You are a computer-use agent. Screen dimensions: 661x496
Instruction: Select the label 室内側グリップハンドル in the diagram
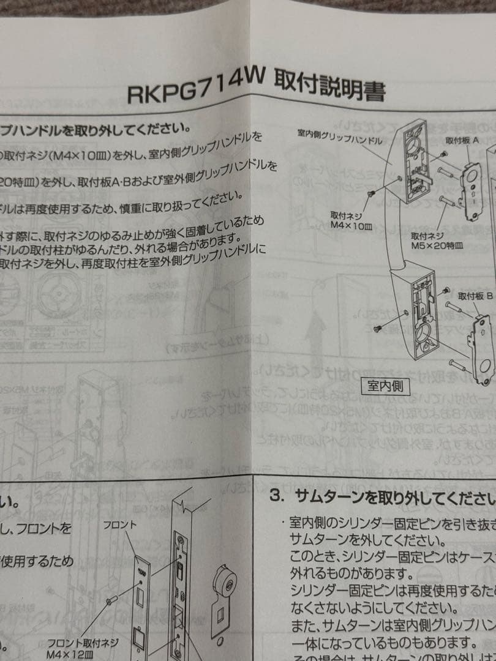(340, 136)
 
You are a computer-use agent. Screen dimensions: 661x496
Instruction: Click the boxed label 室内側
(389, 386)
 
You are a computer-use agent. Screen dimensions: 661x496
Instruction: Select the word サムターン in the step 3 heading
(331, 496)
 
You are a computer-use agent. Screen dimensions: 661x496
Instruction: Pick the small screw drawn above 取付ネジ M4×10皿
(369, 193)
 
